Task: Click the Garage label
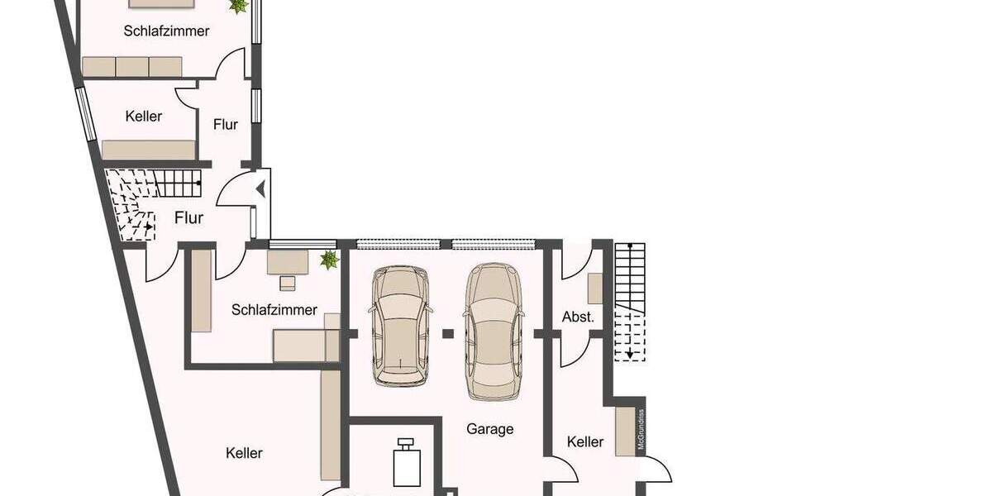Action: pos(489,429)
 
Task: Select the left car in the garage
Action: pos(400,326)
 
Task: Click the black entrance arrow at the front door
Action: pos(261,189)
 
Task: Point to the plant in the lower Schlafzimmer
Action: pos(330,260)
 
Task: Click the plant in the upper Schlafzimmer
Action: pos(239,7)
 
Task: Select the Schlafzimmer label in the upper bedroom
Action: pos(166,31)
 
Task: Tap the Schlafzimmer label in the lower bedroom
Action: pos(274,310)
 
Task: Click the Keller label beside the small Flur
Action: pos(144,117)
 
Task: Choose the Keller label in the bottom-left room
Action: pos(244,453)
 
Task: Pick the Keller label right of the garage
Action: pos(585,442)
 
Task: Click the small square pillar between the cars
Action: pos(447,333)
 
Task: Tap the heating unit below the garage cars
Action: pos(405,464)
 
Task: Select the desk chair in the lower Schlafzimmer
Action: pos(287,283)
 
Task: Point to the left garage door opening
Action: pos(401,244)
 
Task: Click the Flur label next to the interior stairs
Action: pos(188,218)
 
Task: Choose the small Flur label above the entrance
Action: pos(225,125)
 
